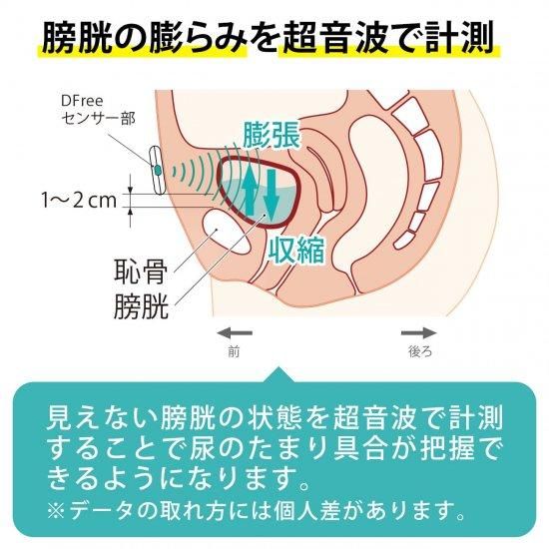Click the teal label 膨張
(272, 134)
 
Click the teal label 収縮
(295, 250)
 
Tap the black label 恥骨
(141, 271)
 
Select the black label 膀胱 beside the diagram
(141, 305)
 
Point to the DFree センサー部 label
(98, 110)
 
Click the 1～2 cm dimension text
(79, 201)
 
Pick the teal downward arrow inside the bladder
(271, 194)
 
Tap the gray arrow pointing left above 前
(235, 333)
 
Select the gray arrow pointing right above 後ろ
(419, 333)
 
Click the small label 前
(234, 351)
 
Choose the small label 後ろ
(420, 351)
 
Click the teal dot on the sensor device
(158, 170)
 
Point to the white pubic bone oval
(227, 231)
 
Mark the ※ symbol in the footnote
(56, 511)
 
